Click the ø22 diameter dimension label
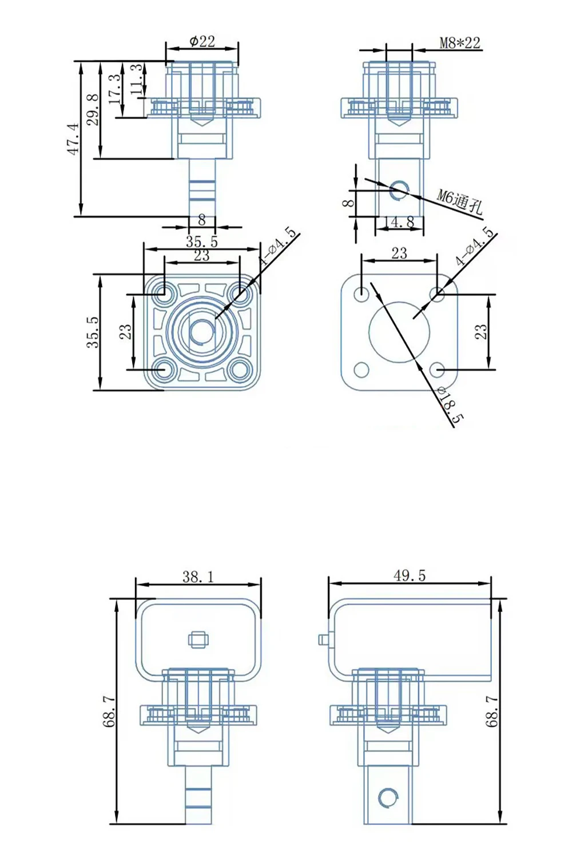202,41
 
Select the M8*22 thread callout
459,43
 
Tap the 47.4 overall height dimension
73,139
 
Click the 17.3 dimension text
115,89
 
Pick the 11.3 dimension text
136,78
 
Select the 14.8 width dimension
399,222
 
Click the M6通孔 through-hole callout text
459,201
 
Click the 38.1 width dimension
198,577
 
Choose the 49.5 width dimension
410,575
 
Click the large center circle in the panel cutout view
399,331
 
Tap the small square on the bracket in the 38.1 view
198,639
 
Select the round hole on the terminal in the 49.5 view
387,797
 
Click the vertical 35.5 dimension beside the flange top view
94,332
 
